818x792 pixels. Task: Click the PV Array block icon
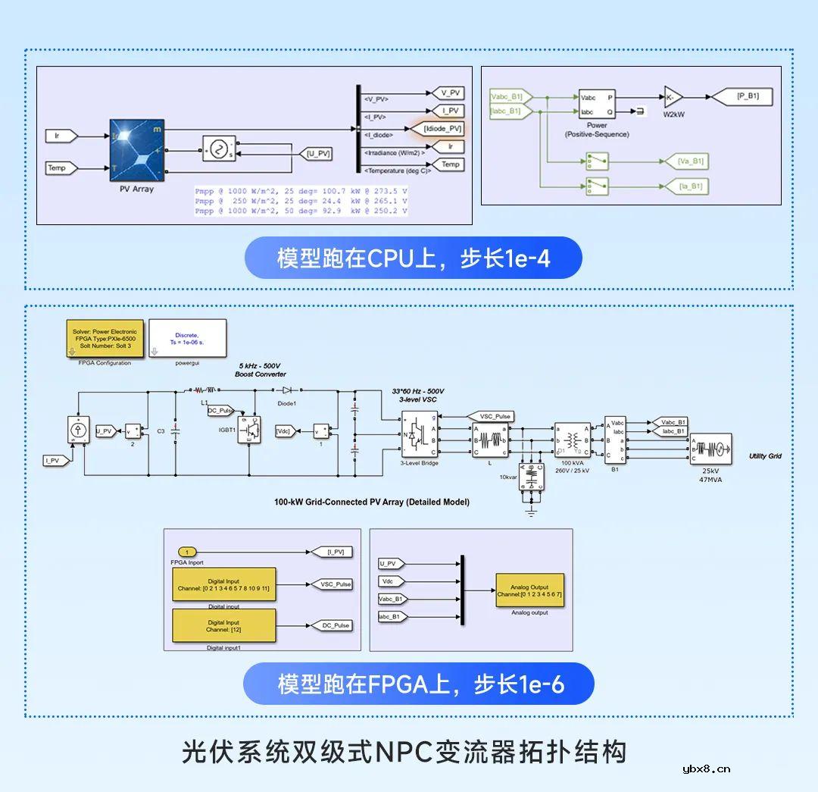tap(137, 149)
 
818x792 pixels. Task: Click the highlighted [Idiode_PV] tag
tap(434, 129)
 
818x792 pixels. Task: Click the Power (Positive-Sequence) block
tap(597, 105)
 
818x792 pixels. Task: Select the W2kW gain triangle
tap(673, 97)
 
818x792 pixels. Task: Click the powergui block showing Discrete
tap(187, 338)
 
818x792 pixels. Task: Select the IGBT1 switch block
tap(249, 430)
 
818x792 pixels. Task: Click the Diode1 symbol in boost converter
tap(287, 391)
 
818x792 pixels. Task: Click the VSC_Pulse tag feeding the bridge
tap(491, 416)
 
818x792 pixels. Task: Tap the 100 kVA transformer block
tap(572, 440)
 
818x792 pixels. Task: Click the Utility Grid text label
tap(765, 456)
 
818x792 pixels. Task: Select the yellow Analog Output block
tap(529, 590)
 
